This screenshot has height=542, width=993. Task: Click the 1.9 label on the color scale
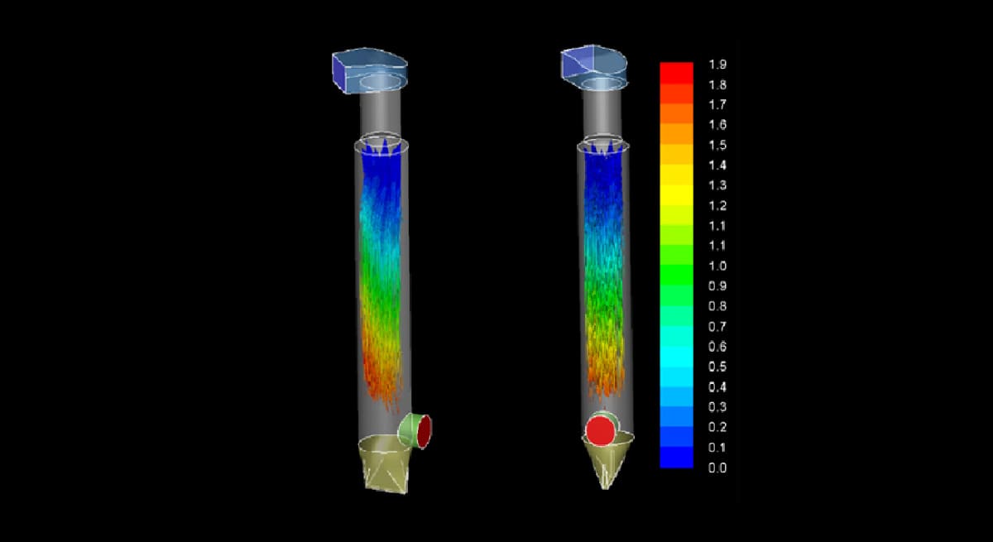(x=717, y=65)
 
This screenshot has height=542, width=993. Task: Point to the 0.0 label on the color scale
(x=717, y=468)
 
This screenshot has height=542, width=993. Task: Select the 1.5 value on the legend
(x=717, y=146)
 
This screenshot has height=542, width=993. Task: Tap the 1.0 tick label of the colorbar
(x=717, y=266)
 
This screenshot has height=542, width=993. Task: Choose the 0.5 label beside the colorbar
(x=717, y=367)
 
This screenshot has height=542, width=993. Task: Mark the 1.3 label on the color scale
(x=717, y=185)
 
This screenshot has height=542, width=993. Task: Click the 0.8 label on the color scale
(x=717, y=307)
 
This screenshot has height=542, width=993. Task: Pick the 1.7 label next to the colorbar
(x=717, y=105)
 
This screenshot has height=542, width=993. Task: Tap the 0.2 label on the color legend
(x=717, y=428)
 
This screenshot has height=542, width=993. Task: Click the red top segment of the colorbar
(x=677, y=73)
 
